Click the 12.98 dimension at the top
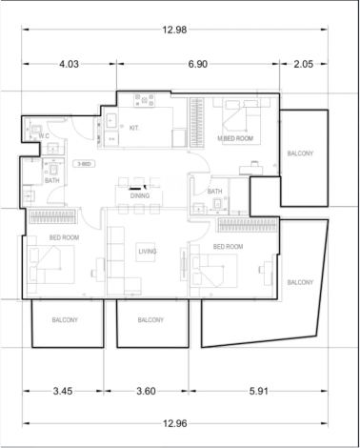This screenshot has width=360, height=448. [174, 30]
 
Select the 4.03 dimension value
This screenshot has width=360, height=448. [69, 64]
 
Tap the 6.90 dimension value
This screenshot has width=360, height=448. [198, 64]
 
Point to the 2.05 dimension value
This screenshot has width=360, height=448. [304, 64]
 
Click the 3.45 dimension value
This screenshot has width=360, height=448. [63, 391]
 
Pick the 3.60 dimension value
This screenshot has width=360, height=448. [146, 391]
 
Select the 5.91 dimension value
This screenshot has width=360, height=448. [259, 391]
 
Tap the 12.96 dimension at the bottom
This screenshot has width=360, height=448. [174, 423]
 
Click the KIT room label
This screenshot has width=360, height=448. [134, 128]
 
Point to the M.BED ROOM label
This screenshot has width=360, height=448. [235, 138]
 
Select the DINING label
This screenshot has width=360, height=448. [140, 195]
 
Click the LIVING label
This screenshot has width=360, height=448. [148, 252]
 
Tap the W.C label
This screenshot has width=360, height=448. [44, 136]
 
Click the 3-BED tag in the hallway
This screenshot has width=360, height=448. [84, 164]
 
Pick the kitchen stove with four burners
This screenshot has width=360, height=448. [145, 100]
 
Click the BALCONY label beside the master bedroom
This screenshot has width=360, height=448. [300, 153]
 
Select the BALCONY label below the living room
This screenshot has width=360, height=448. [150, 320]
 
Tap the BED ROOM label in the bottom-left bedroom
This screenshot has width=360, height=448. [64, 237]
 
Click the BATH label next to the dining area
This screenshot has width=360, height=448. [214, 192]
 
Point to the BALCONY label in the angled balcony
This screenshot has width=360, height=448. [300, 282]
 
